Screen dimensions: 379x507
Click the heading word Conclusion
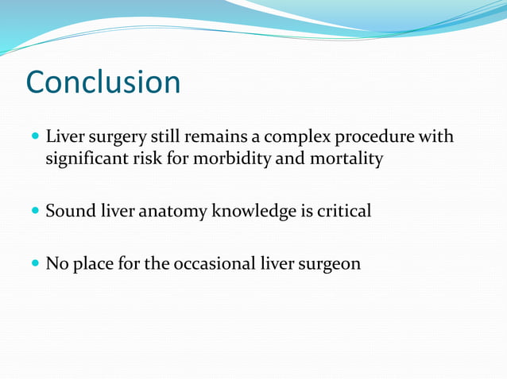point(103,82)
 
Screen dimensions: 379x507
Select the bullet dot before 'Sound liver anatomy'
point(34,212)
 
